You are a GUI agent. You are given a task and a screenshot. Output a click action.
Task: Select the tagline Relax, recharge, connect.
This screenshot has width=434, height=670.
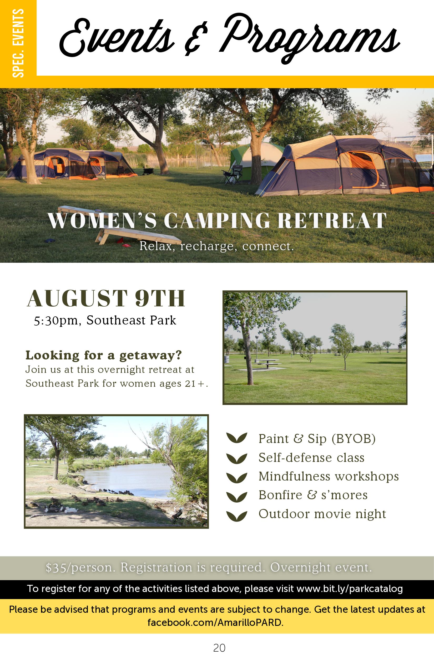tap(217, 246)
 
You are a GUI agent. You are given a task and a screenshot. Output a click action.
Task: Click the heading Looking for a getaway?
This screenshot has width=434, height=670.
tap(103, 355)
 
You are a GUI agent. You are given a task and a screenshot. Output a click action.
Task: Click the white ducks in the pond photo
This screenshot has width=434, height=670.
tap(71, 510)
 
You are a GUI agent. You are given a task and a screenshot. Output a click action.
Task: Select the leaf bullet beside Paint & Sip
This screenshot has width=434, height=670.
tap(237, 438)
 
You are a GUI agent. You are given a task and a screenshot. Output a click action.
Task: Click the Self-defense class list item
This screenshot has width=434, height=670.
tap(311, 457)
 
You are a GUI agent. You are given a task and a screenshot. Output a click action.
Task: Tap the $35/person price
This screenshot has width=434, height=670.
tap(80, 568)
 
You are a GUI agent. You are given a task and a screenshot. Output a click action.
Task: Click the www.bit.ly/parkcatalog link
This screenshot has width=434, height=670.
tap(350, 589)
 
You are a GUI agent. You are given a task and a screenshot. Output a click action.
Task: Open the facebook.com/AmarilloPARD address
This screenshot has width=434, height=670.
tap(215, 622)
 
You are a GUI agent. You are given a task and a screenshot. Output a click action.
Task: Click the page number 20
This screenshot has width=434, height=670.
tap(219, 648)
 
